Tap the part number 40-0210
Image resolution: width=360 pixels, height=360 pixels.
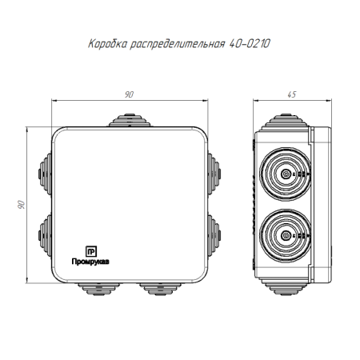point(246,45)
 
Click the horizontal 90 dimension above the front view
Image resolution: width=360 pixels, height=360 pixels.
point(128,94)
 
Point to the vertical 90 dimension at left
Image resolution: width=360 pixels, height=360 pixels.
point(22,205)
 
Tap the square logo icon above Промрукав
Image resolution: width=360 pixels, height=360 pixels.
point(91,249)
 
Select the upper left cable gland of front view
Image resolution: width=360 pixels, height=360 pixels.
point(42,170)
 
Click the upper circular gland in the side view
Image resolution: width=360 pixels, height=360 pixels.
point(286,171)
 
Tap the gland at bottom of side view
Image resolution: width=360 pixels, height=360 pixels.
point(285,286)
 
